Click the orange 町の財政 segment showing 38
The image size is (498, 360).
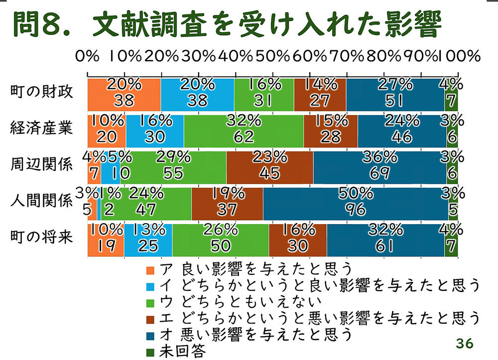(x=124, y=94)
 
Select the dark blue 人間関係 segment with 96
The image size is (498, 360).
(x=355, y=203)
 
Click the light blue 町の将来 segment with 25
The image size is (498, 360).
(x=148, y=240)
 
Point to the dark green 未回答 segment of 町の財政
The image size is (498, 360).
(x=451, y=94)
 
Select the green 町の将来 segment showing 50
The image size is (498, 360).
(x=221, y=240)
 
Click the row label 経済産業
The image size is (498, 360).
(x=42, y=128)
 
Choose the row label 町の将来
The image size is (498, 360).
(x=42, y=237)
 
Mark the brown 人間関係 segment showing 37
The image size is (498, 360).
(x=227, y=203)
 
